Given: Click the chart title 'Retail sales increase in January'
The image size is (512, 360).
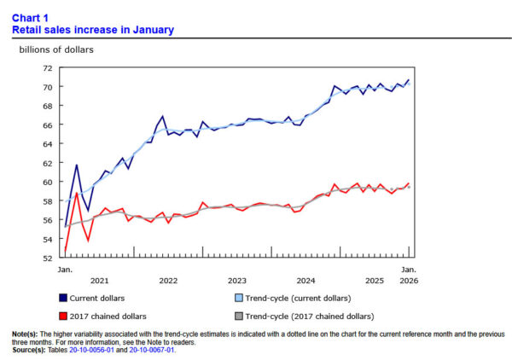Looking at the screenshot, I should point(93,30).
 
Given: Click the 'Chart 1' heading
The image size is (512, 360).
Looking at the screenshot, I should point(31,17).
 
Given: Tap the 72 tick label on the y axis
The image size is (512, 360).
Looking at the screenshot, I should point(47,68).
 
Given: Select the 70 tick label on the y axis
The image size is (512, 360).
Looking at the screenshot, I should point(47,87).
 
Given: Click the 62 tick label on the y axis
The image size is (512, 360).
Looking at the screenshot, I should point(47,163).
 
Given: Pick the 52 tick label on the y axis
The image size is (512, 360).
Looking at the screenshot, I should point(47,258).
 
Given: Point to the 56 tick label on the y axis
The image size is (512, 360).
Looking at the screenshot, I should point(47,220).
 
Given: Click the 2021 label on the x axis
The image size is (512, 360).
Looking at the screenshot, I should point(99,281).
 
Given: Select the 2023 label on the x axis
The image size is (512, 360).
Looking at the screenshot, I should point(237,281).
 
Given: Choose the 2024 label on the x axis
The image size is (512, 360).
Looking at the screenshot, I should point(305,281).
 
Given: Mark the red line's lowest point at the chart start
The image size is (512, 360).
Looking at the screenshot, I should point(65,252).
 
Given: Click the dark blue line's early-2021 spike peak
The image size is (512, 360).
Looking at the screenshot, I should point(77,165).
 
